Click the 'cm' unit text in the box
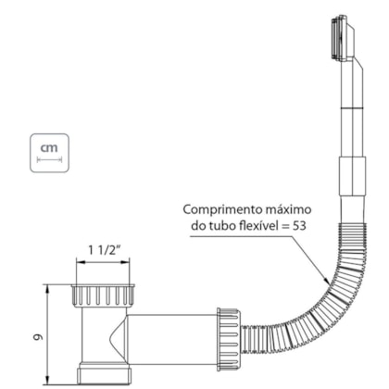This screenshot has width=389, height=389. (x=49, y=148)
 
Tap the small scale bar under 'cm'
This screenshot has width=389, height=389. (x=49, y=159)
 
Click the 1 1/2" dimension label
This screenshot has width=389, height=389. (x=103, y=250)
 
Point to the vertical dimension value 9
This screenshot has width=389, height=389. (x=38, y=337)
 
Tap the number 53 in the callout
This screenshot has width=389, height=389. (x=299, y=226)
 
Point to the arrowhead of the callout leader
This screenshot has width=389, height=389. (x=327, y=282)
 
